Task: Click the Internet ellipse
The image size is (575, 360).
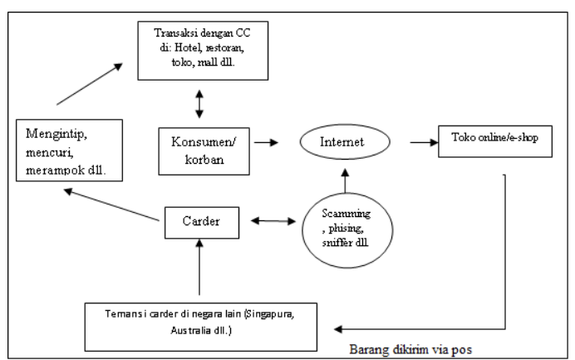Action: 342,144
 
